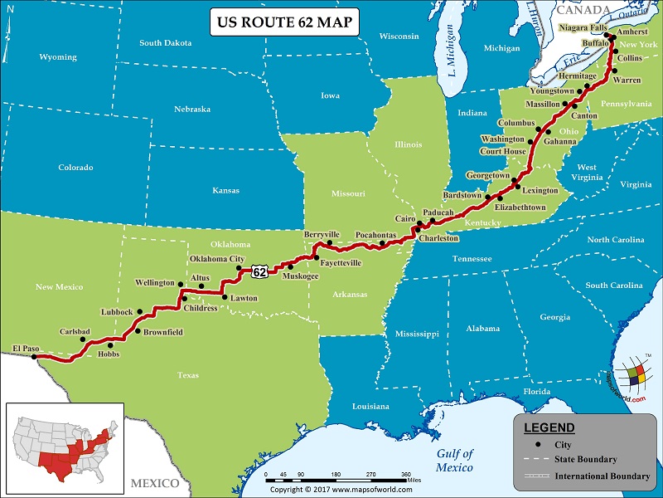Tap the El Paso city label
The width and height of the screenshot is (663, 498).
click(x=27, y=348)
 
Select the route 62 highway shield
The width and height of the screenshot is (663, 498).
click(x=260, y=271)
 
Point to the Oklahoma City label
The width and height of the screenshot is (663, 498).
click(x=217, y=259)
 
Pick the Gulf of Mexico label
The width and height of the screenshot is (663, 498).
click(x=455, y=460)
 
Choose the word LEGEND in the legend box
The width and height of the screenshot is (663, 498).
click(x=549, y=427)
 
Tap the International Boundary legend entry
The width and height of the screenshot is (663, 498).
click(x=602, y=476)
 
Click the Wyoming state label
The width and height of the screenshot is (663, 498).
click(x=58, y=57)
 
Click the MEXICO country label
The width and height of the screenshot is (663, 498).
click(x=154, y=483)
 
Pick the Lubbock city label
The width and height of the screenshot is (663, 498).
click(x=116, y=312)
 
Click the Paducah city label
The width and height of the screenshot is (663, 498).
click(x=438, y=212)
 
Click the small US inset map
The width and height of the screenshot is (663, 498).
click(x=65, y=445)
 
